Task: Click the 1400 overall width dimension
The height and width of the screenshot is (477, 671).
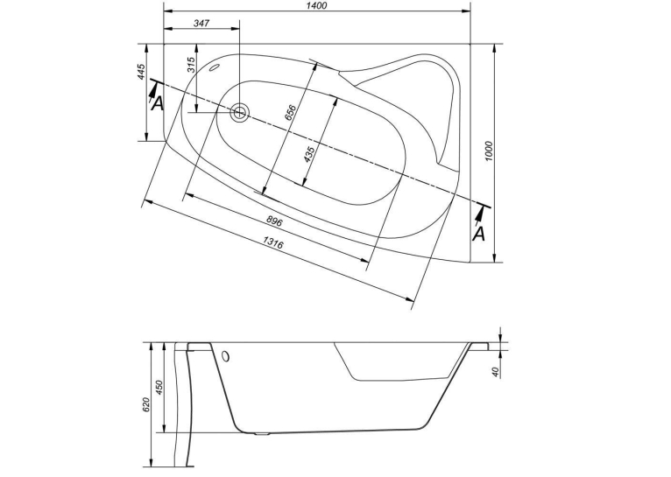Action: coord(317,5)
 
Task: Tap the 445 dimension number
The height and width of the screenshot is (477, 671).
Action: coord(142,72)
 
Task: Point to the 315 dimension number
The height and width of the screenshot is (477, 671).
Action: coord(191,65)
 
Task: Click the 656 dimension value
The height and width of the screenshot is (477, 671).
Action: coord(291,113)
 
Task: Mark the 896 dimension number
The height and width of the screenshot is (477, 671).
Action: coord(274,221)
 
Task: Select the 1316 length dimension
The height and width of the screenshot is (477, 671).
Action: coord(272,244)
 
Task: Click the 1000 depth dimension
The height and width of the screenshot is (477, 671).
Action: coord(490,151)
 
